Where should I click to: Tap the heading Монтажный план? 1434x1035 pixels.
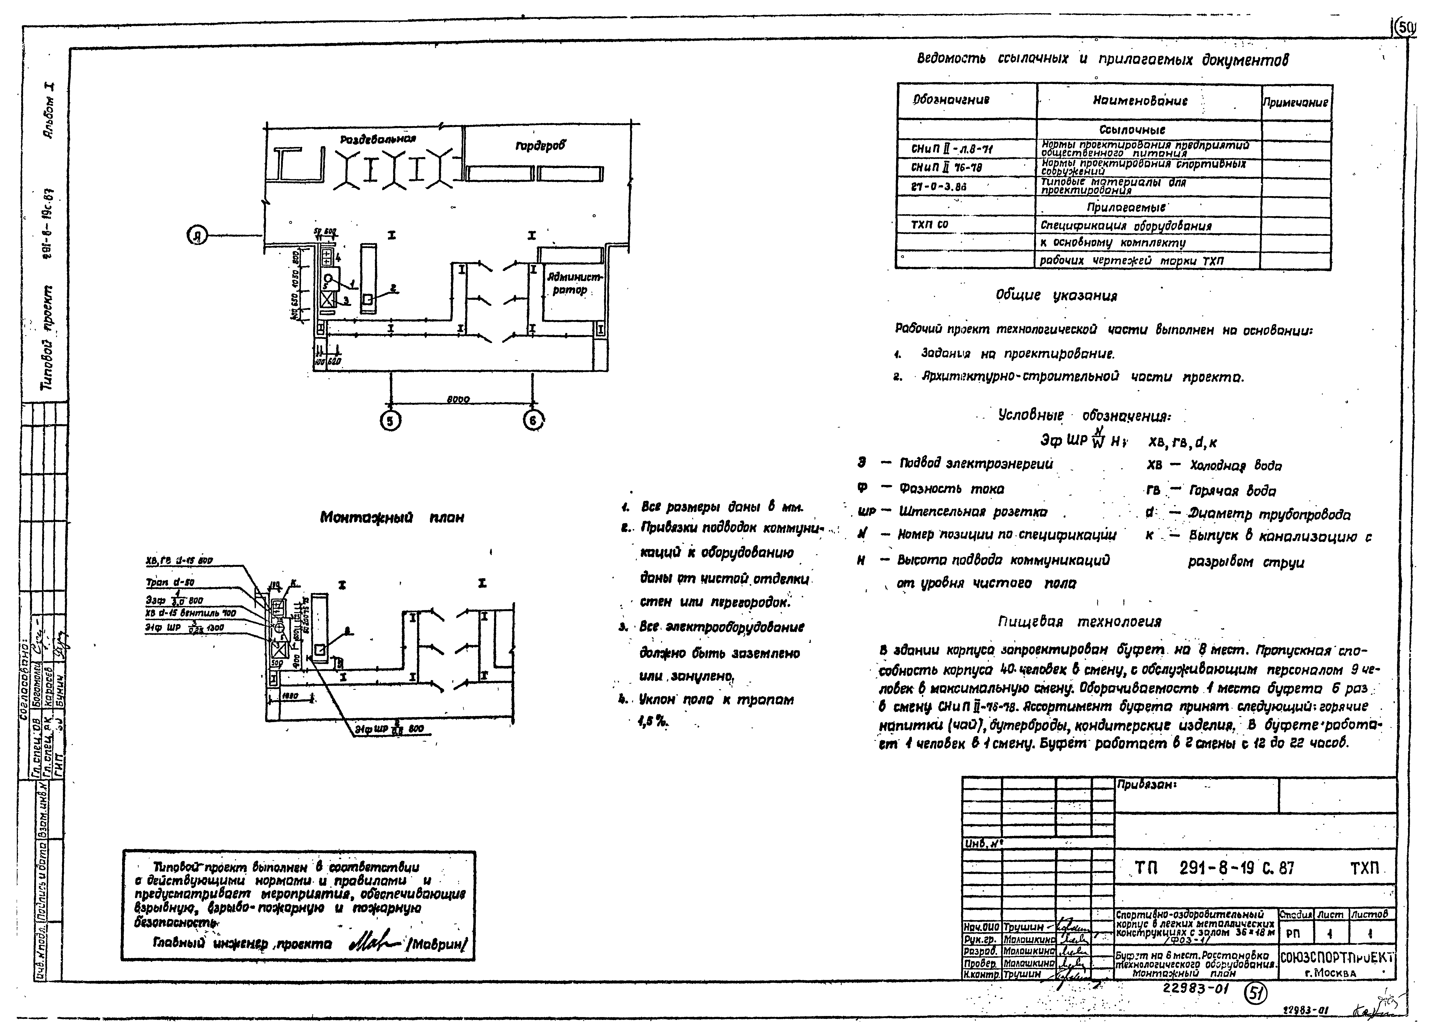click(x=392, y=517)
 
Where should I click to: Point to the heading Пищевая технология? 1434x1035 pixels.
click(x=1079, y=621)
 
